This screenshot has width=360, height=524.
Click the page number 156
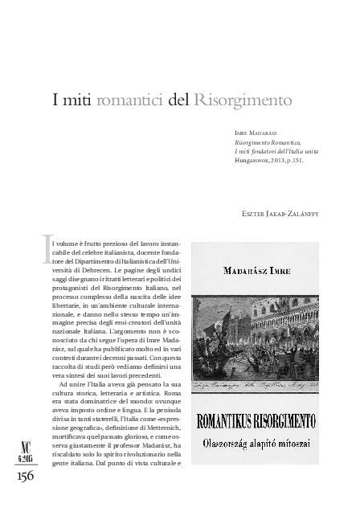pos(25,454)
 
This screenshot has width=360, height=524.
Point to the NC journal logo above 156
pos(25,428)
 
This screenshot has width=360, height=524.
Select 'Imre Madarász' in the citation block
pos(256,130)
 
